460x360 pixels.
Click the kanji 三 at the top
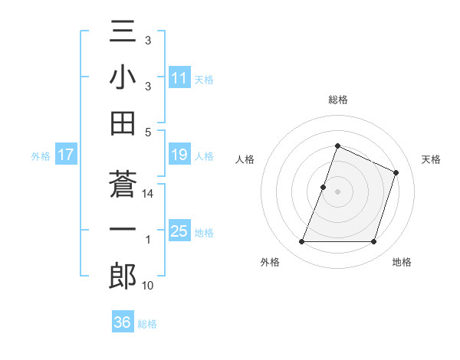[x=123, y=34]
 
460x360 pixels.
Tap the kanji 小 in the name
[x=123, y=77]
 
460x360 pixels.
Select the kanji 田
[x=123, y=122]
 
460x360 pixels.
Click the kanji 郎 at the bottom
[x=123, y=275]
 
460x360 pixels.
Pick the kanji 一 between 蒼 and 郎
[x=123, y=230]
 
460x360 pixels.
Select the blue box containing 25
[x=179, y=231]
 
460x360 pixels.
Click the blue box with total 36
[x=122, y=322]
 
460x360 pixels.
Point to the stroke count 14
[x=148, y=195]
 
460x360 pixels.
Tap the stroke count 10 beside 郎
[x=148, y=286]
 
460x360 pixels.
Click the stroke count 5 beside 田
[x=148, y=132]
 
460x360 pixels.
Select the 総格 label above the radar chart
[x=337, y=100]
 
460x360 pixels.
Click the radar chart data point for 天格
[x=396, y=173]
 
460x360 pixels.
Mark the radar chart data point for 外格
[x=301, y=242]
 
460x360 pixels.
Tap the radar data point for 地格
[x=374, y=242]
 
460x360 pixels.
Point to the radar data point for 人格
[x=324, y=187]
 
